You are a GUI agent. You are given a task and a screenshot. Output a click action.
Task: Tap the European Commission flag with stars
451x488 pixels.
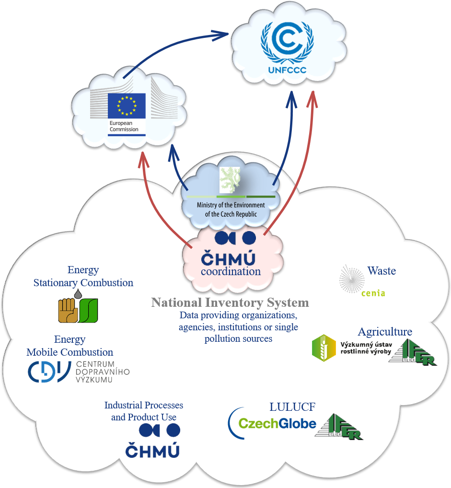pyautogui.click(x=126, y=105)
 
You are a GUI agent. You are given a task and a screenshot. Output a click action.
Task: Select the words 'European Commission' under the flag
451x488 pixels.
pyautogui.click(x=124, y=126)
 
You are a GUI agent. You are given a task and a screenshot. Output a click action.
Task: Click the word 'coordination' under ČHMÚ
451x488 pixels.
pyautogui.click(x=231, y=271)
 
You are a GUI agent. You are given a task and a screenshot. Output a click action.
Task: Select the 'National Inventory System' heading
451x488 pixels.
pyautogui.click(x=230, y=302)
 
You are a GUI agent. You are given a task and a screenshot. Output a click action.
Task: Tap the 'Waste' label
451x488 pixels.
pyautogui.click(x=382, y=271)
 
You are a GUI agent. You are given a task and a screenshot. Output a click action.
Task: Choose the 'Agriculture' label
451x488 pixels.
pyautogui.click(x=384, y=332)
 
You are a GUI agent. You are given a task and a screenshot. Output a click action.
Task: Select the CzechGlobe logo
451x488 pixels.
pyautogui.click(x=272, y=423)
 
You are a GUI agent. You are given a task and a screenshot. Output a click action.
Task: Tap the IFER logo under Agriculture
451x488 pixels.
pyautogui.click(x=413, y=352)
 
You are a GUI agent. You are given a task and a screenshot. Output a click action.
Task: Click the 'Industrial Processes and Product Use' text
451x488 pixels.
pyautogui.click(x=144, y=411)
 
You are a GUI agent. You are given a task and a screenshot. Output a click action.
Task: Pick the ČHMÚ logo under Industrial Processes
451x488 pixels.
pyautogui.click(x=152, y=441)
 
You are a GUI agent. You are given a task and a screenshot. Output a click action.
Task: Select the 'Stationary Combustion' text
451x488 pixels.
pyautogui.click(x=83, y=283)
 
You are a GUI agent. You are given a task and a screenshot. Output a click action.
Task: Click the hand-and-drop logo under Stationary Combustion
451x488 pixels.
pyautogui.click(x=78, y=307)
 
